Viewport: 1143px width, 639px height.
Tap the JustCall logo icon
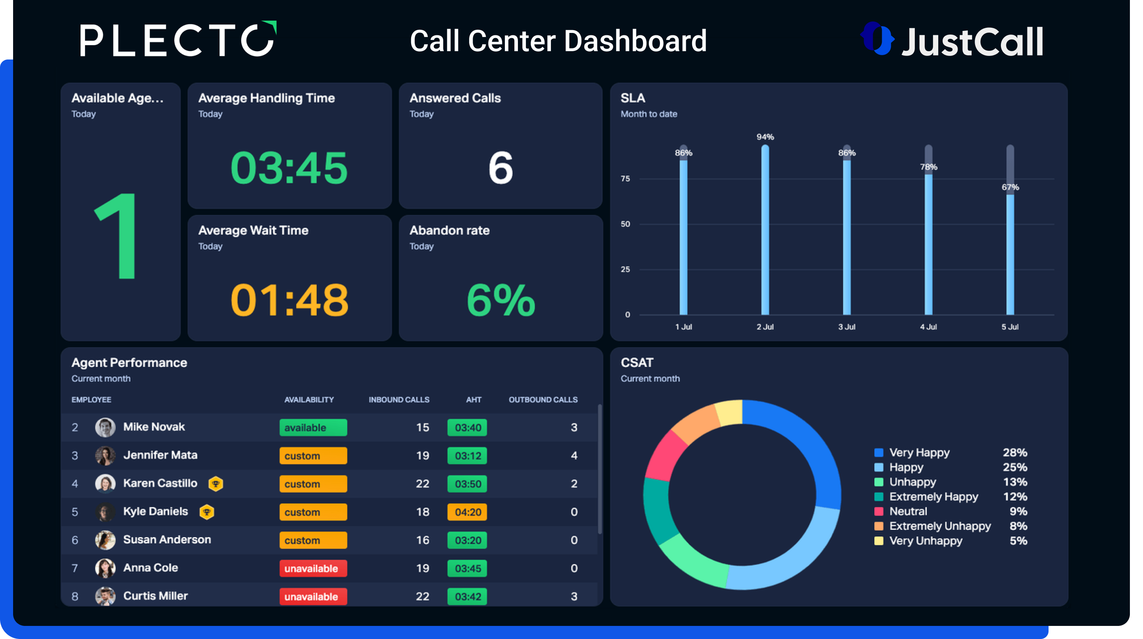click(x=877, y=38)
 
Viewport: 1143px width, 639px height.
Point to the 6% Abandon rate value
click(x=500, y=300)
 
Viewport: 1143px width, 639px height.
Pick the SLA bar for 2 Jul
click(x=765, y=230)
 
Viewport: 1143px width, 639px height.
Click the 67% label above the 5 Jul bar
click(x=1010, y=187)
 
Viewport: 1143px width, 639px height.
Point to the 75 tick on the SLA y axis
click(x=625, y=179)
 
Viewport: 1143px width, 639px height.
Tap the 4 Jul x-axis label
click(x=928, y=327)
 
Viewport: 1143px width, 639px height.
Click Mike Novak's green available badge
click(x=313, y=428)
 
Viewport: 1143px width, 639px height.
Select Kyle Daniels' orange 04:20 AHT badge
click(x=467, y=512)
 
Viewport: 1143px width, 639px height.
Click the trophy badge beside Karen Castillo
click(x=216, y=484)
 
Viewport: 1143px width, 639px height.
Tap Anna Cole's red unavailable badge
click(x=313, y=568)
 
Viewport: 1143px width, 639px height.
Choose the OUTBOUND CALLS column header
click(x=543, y=399)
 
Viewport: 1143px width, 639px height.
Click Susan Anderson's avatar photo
click(x=105, y=540)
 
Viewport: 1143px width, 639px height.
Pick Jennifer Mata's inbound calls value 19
click(x=422, y=455)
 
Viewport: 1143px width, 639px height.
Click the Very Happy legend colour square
click(x=878, y=453)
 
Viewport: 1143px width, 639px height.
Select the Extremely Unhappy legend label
click(x=940, y=526)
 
